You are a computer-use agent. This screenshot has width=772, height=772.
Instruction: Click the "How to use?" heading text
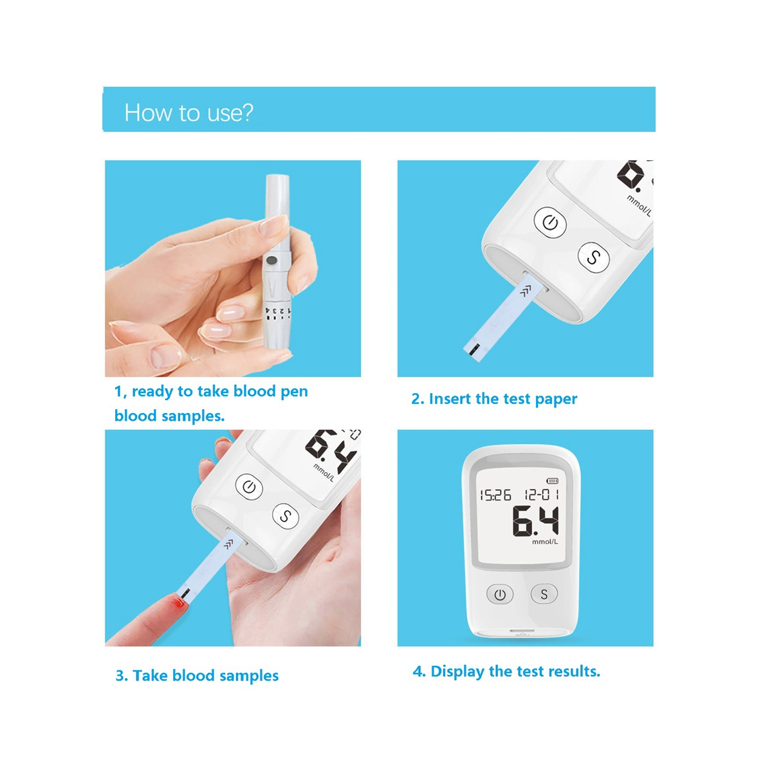[188, 113]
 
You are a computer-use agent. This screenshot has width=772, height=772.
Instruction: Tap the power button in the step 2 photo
[550, 223]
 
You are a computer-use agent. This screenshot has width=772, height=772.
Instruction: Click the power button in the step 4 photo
[500, 594]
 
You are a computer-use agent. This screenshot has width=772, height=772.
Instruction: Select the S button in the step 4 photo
[544, 594]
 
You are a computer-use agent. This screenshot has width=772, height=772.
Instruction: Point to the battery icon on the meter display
[553, 481]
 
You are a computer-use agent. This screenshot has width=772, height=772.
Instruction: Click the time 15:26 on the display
[495, 495]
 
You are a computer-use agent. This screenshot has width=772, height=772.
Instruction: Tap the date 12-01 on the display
[541, 494]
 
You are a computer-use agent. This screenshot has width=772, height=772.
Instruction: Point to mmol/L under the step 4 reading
[545, 542]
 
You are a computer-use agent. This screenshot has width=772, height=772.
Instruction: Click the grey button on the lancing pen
[271, 261]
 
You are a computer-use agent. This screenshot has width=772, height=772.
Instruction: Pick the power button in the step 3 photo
[249, 487]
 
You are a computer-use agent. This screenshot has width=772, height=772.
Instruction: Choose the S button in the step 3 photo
[286, 516]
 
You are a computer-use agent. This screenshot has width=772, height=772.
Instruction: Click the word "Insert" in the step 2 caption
[450, 399]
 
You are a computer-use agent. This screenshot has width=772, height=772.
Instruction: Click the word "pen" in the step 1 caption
[294, 392]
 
